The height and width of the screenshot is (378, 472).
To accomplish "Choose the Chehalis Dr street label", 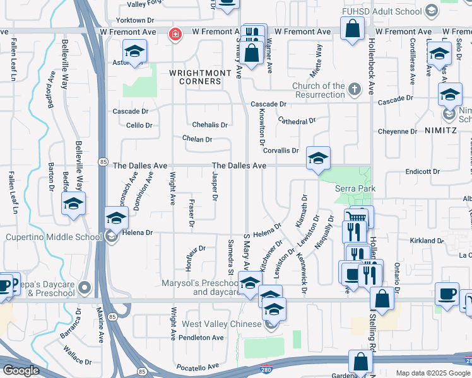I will (209, 125).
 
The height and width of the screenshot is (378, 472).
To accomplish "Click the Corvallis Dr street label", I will (281, 151).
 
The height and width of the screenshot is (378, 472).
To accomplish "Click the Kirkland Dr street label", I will (427, 241).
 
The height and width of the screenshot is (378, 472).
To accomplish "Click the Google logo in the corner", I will (21, 370).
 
